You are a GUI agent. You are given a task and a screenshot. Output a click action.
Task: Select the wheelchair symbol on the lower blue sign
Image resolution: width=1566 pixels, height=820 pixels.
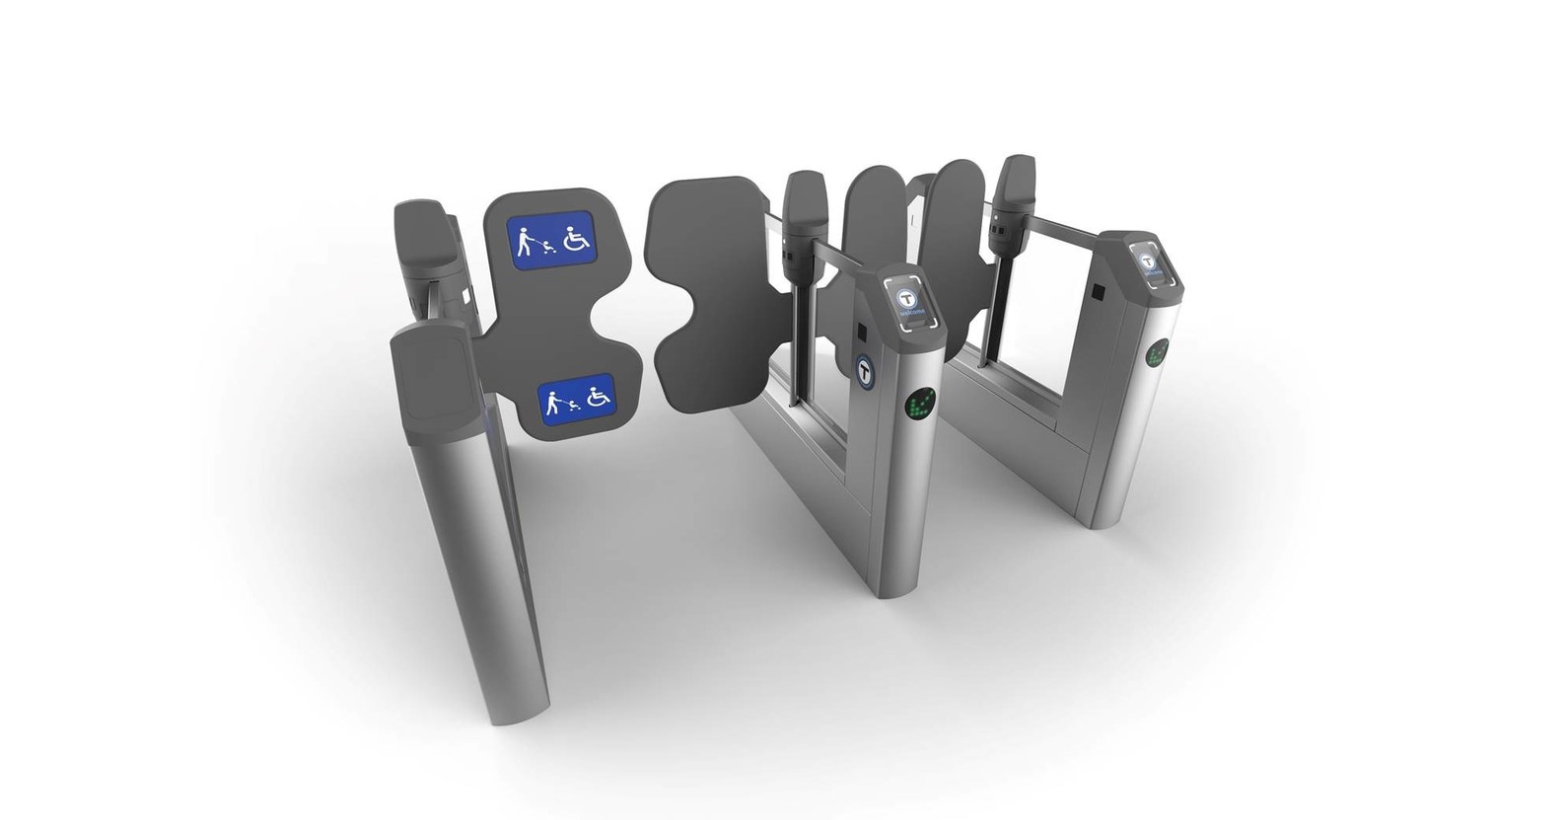pyautogui.click(x=597, y=399)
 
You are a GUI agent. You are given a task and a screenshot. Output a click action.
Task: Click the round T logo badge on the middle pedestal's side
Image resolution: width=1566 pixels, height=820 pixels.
pyautogui.click(x=868, y=370)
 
